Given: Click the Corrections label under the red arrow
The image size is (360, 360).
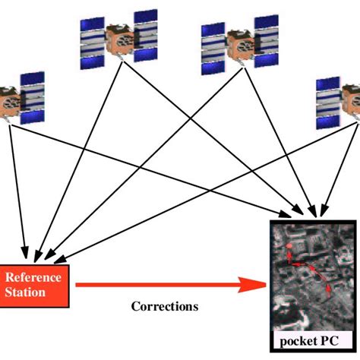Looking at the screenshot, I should [165, 307].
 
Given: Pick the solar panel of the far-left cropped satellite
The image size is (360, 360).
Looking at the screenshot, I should [31, 99].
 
